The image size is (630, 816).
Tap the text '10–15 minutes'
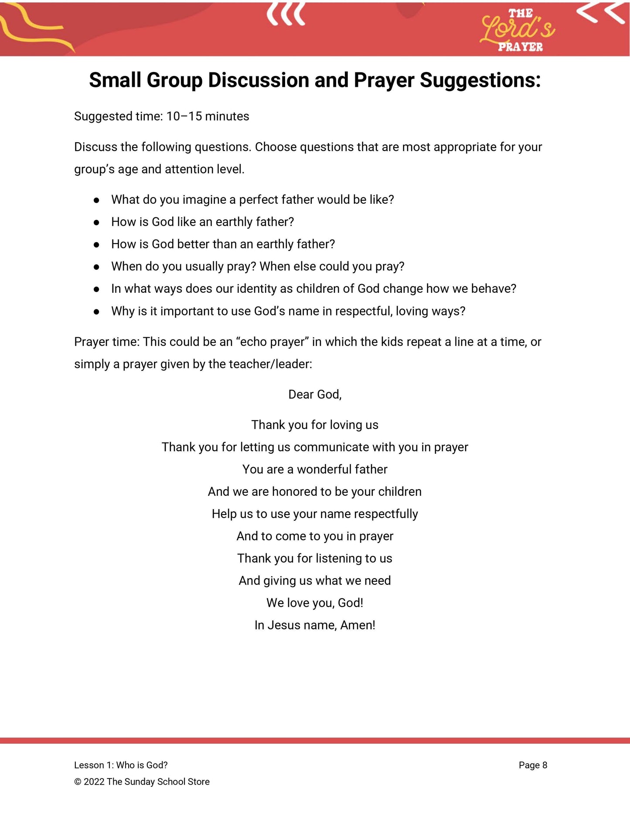(x=208, y=117)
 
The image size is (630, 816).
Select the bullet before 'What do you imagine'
(x=96, y=200)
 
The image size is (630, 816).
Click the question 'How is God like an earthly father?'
(x=202, y=222)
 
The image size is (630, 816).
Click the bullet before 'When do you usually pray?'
(x=96, y=267)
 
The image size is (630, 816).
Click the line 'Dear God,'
(x=315, y=394)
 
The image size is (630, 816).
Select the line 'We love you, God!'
(x=315, y=603)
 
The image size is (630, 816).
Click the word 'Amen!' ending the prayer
(x=358, y=625)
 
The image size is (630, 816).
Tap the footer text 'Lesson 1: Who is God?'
(x=121, y=765)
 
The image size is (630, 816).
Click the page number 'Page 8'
(x=533, y=765)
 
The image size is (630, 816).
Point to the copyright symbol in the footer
(x=78, y=782)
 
